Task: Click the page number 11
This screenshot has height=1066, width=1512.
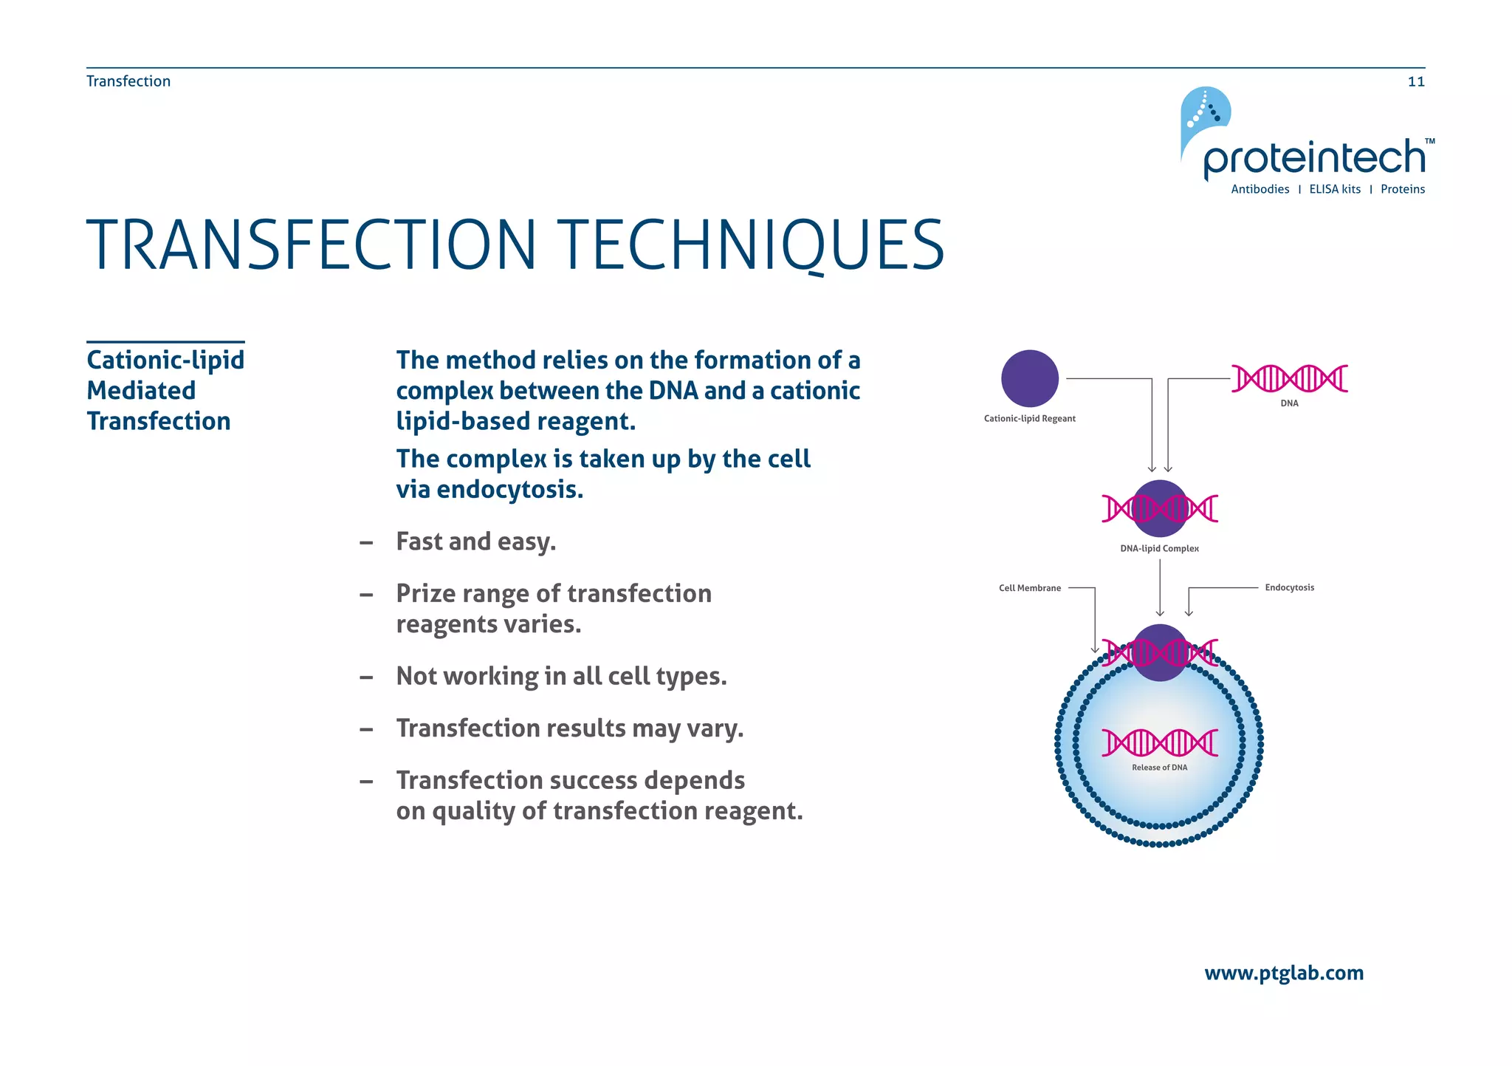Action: click(1415, 82)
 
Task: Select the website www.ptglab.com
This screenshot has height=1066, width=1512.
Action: click(1283, 973)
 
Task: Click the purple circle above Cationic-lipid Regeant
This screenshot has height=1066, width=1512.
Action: click(1029, 378)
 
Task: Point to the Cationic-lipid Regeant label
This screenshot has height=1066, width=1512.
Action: click(1029, 419)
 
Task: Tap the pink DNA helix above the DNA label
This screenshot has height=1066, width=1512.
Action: click(1289, 378)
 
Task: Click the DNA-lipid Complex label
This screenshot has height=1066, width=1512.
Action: click(1159, 549)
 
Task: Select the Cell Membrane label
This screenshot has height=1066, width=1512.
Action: click(1029, 588)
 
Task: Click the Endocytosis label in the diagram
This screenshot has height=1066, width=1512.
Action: click(1289, 588)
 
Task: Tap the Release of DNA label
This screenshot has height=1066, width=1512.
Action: click(1159, 768)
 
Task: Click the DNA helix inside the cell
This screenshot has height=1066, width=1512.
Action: click(1159, 742)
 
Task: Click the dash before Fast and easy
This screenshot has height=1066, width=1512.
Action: click(366, 543)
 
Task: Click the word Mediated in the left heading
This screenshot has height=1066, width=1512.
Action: click(141, 391)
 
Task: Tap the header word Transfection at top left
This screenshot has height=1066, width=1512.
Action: click(128, 81)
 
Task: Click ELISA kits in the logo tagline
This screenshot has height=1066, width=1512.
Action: click(1334, 190)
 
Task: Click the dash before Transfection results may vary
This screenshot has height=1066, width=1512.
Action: click(366, 730)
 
